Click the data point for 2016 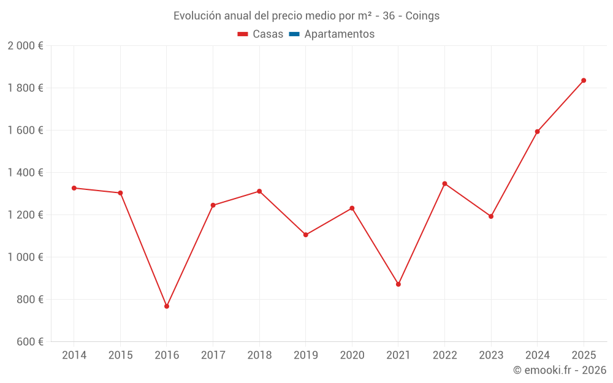tap(167, 306)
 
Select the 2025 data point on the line tap(584, 80)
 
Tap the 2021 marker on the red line tap(398, 284)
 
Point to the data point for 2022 tap(444, 184)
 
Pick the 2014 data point tap(74, 188)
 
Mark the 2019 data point tap(306, 235)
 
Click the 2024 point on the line tap(538, 132)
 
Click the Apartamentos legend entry tap(339, 34)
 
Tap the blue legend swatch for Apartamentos tap(294, 34)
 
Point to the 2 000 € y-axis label tap(25, 46)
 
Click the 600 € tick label tap(29, 342)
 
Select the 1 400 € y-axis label tap(25, 173)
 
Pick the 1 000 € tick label tap(25, 257)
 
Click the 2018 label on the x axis tap(259, 355)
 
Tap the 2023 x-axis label tap(491, 355)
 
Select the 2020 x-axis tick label tap(352, 355)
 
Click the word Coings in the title tap(422, 16)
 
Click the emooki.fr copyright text tap(560, 370)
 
